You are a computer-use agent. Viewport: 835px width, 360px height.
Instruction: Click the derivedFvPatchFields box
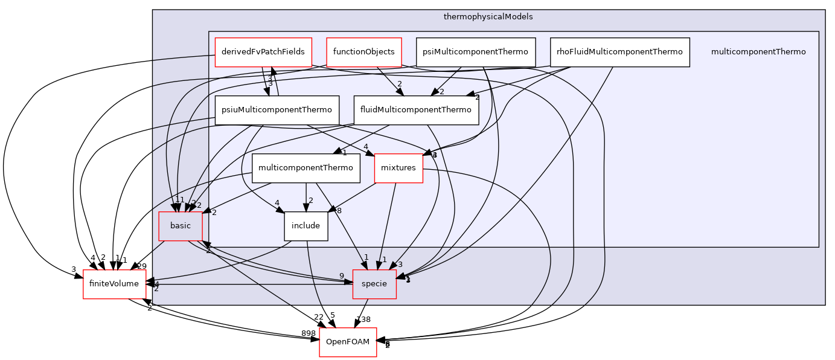coord(263,52)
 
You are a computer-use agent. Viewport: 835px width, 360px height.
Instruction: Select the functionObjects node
coord(363,52)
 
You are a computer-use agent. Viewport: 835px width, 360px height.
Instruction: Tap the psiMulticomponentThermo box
coord(476,52)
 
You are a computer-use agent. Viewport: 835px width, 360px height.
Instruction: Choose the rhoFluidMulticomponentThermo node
coord(619,52)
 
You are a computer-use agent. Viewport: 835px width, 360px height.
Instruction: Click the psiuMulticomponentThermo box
coord(277,110)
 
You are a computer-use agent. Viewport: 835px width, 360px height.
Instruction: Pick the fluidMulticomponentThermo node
coord(415,110)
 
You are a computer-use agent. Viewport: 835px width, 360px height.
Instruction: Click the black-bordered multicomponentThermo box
coord(306,168)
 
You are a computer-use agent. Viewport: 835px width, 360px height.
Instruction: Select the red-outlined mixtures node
coord(398,168)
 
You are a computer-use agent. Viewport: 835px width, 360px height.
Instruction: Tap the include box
coord(306,226)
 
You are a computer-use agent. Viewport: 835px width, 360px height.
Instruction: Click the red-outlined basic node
coord(180,226)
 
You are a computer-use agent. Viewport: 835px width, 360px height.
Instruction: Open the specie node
coord(374,284)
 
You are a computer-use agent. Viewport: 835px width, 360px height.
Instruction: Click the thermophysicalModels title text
coord(488,17)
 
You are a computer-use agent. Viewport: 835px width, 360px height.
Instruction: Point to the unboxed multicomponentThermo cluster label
coord(758,52)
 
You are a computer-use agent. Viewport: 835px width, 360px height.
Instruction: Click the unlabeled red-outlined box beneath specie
coord(348,342)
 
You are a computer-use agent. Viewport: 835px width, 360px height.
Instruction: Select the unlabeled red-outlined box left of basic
coord(115,284)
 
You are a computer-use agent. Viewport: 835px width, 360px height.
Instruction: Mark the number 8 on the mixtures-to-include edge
coord(339,211)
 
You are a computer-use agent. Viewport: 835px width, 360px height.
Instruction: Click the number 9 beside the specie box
coord(341,276)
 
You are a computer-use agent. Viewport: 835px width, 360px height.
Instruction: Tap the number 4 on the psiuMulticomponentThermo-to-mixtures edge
coord(365,147)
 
